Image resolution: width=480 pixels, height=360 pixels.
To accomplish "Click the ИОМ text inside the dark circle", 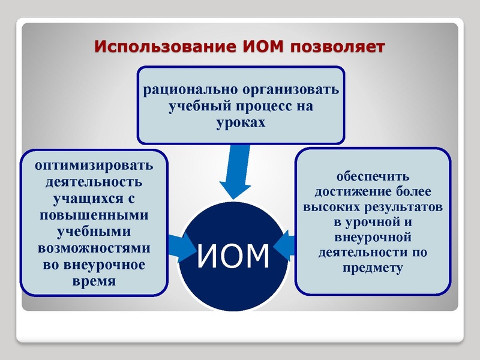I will pyautogui.click(x=233, y=256).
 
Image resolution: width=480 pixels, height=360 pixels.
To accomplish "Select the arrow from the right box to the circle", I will pyautogui.click(x=286, y=245).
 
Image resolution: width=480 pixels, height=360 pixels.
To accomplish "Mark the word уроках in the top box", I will pyautogui.click(x=241, y=122).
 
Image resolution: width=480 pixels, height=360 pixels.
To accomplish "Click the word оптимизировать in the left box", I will pyautogui.click(x=94, y=165).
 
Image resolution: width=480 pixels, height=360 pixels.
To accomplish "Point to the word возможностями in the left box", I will pyautogui.click(x=94, y=248).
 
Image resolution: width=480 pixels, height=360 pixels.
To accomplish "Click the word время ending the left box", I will pyautogui.click(x=94, y=281).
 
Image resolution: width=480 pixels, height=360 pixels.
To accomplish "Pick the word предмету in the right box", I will pyautogui.click(x=372, y=268).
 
